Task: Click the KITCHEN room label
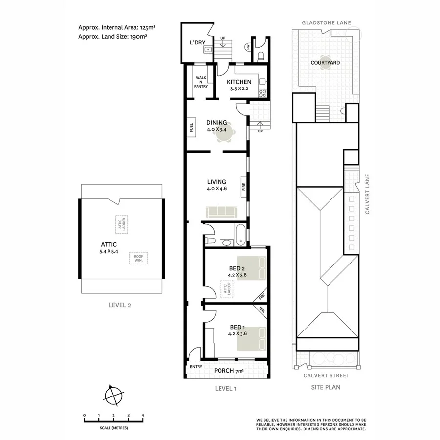click(239, 82)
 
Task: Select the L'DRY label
click(198, 43)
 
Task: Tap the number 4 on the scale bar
click(143, 415)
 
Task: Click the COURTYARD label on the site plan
click(325, 63)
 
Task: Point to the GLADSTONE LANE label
click(326, 23)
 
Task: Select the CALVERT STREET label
click(326, 375)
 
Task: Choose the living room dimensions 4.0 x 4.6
click(217, 188)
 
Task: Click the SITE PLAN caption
click(326, 387)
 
